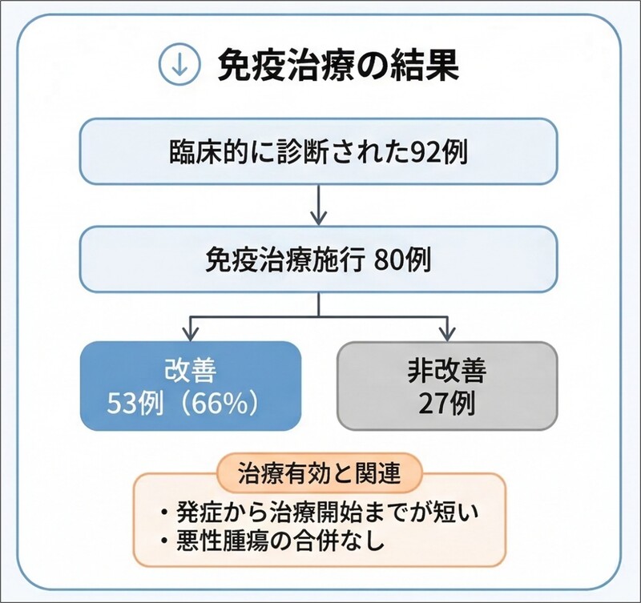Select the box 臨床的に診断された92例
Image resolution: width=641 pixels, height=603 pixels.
tap(319, 152)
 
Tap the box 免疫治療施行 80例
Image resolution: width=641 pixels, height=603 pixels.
tap(319, 259)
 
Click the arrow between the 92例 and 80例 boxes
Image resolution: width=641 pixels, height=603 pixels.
tap(319, 206)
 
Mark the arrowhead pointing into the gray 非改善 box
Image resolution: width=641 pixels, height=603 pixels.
tap(446, 332)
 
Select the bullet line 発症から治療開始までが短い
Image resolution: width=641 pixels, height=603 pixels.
tap(322, 509)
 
